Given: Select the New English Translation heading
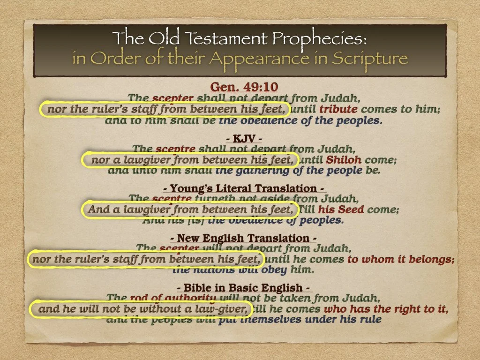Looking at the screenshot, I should coord(240,238).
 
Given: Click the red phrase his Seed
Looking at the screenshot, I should coord(343,210).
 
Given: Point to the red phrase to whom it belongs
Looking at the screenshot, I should coord(401,259).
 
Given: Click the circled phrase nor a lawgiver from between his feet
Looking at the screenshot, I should coord(190,160).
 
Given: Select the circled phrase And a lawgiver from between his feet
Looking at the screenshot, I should coord(190,210).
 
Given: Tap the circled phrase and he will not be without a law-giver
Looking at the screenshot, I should coord(142,309).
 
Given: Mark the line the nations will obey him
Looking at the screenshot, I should coord(242,270).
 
